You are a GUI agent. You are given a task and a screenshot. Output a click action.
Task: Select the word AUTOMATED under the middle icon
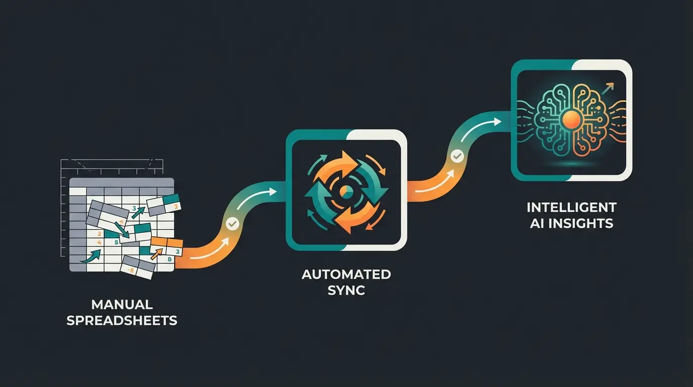[346, 275]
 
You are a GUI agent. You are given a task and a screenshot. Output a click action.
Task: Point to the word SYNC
[346, 290]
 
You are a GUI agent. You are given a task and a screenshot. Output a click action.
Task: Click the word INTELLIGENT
[572, 207]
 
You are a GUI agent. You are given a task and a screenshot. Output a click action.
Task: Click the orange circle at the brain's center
[571, 119]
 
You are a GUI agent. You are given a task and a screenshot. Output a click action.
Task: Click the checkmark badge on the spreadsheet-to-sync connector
[232, 223]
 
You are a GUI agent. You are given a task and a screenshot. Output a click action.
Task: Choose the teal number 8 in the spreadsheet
[169, 260]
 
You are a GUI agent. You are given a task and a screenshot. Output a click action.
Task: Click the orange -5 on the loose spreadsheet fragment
[130, 271]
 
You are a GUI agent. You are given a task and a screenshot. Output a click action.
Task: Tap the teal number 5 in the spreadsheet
[116, 242]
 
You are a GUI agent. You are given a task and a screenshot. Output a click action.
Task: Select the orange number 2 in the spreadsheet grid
[99, 234]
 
